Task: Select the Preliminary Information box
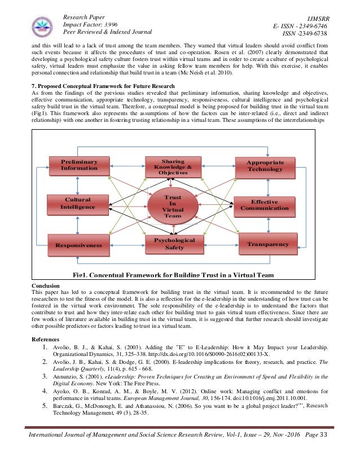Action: pos(79,165)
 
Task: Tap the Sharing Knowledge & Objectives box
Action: pos(173,166)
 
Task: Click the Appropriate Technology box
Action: pos(265,166)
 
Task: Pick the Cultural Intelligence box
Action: pos(78,203)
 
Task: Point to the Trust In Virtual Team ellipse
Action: pos(173,206)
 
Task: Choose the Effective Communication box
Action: pos(265,205)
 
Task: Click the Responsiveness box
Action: pos(78,245)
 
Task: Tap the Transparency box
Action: pos(265,243)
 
